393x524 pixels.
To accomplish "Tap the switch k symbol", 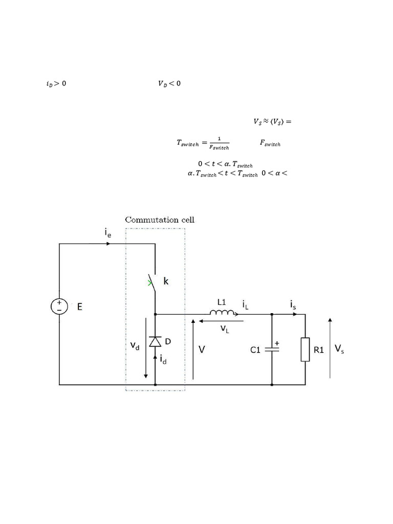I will point(153,283).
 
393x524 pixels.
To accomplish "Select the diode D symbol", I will point(155,341).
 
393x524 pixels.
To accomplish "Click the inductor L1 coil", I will point(222,313).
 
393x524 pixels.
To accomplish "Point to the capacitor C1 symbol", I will point(272,350).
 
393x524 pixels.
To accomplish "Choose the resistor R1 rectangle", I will point(305,350).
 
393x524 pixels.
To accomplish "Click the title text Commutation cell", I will point(160,220).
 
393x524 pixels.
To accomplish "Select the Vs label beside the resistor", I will point(339,349).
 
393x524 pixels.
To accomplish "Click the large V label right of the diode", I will point(203,350).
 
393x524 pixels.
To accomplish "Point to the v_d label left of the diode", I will point(135,346).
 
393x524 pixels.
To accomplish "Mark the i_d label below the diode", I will point(163,360).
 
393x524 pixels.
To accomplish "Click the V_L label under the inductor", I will point(225,330).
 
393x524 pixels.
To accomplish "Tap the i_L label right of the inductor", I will point(246,305).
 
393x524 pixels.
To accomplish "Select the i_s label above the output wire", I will point(293,305).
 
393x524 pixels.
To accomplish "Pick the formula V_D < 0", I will point(169,84).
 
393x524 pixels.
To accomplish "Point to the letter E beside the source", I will point(80,307).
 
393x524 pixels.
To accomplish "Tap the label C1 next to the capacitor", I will point(256,350).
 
